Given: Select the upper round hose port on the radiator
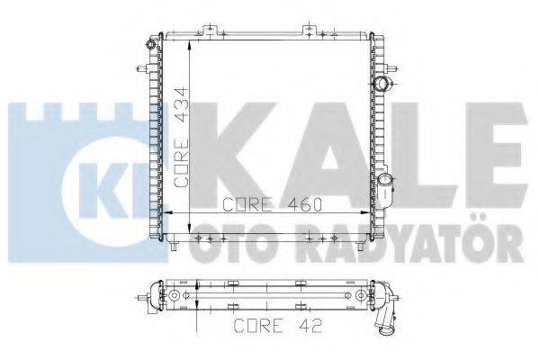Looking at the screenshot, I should tap(386, 85).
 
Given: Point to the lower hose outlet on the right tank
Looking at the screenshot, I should tap(387, 189).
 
